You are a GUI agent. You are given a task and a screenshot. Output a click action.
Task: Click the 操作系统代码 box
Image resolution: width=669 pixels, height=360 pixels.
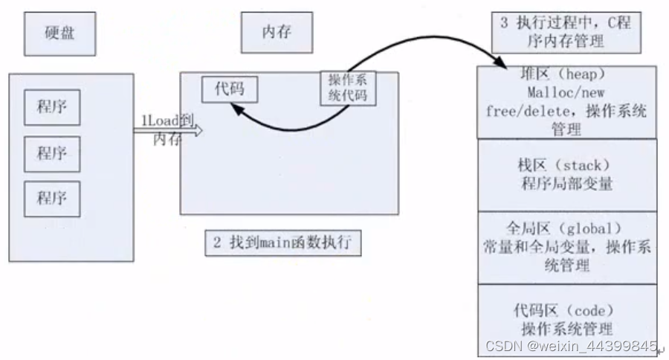tap(348, 88)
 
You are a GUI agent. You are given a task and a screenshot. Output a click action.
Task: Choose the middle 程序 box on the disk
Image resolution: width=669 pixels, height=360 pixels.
tap(52, 154)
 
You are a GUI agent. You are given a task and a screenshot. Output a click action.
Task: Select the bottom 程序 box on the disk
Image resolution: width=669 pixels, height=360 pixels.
tap(52, 198)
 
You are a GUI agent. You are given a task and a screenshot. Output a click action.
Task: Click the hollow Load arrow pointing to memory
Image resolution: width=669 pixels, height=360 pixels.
tap(167, 129)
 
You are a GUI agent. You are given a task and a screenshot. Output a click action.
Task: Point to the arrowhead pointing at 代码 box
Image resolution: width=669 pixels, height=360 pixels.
tap(236, 110)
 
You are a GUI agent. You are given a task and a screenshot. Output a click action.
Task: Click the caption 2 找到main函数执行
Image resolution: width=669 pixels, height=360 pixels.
tap(282, 242)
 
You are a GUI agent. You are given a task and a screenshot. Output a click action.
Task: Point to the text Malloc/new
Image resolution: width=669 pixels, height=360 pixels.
tap(566, 94)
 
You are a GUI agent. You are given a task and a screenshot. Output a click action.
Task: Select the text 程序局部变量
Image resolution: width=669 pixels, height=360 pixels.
tap(566, 184)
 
